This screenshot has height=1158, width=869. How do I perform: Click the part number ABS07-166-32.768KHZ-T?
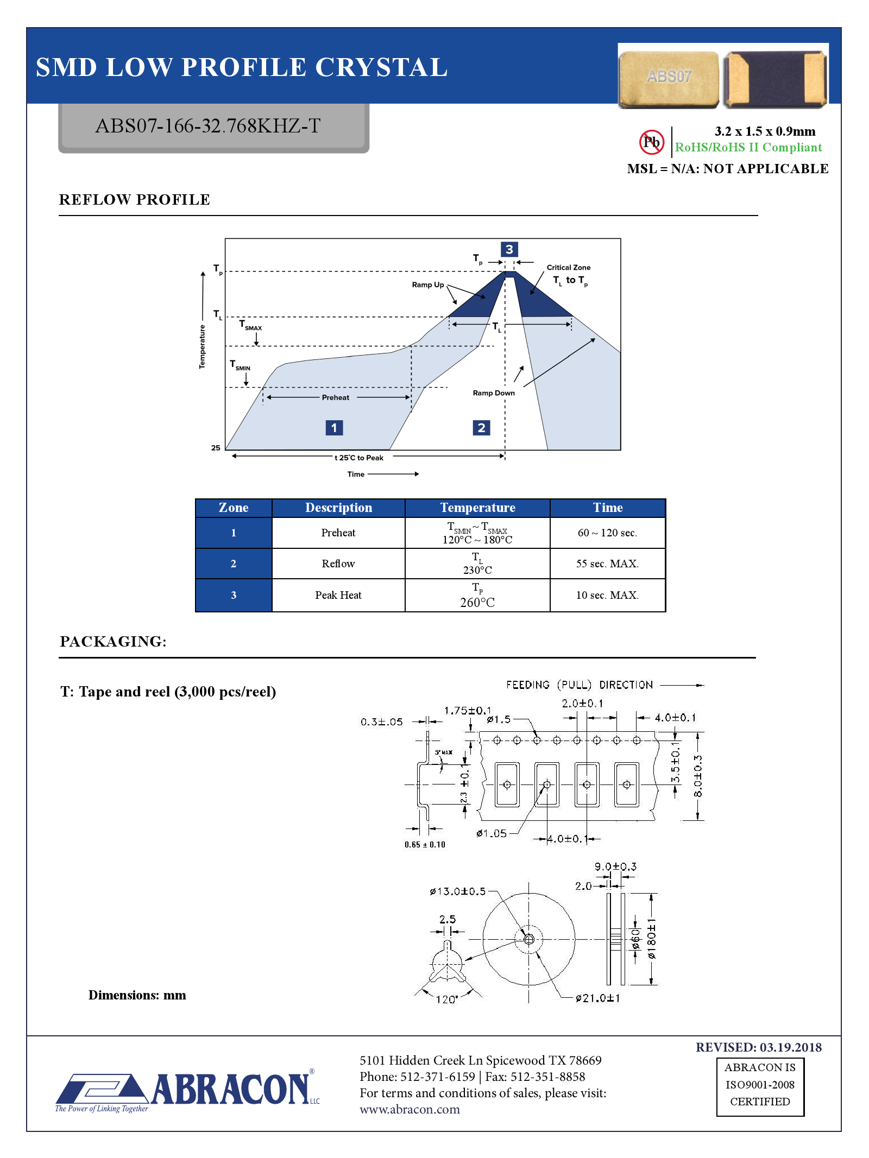208,126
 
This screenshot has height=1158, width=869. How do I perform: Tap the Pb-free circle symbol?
651,142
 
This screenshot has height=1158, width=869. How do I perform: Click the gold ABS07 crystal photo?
669,78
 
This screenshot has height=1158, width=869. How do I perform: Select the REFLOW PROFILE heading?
134,200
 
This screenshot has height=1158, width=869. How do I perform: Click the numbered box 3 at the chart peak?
509,249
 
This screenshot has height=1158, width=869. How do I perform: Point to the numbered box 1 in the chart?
334,428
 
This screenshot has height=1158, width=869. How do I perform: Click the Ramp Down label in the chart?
493,393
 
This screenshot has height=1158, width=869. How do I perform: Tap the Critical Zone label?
568,268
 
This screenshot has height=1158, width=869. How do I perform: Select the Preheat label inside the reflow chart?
335,397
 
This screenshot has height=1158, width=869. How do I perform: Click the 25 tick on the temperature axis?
216,448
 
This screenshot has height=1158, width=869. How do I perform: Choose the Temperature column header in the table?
477,508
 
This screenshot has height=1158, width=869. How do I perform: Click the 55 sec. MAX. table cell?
607,564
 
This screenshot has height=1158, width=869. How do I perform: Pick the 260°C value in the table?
477,603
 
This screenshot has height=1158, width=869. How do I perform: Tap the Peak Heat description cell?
338,595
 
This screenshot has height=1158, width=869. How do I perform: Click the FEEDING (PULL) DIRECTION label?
579,685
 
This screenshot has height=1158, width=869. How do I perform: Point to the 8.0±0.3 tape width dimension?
698,776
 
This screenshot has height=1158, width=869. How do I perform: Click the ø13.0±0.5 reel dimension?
457,891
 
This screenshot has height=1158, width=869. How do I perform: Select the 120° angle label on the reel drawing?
446,999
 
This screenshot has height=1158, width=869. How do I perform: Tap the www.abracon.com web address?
410,1110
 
